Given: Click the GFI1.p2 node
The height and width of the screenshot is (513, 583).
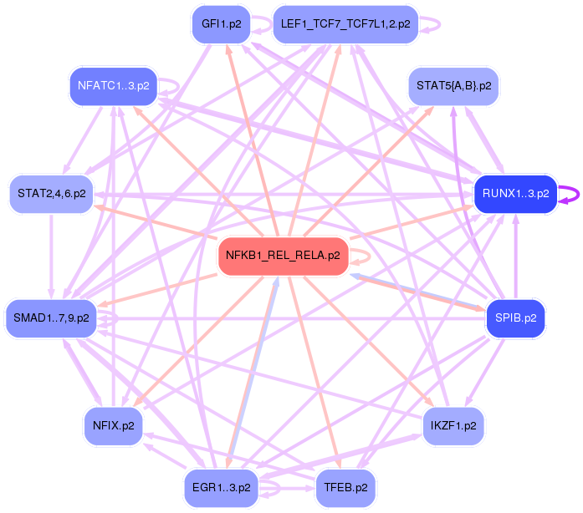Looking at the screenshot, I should pyautogui.click(x=216, y=24).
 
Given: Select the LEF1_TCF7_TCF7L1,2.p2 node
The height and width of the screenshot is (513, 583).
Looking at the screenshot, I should pyautogui.click(x=345, y=24).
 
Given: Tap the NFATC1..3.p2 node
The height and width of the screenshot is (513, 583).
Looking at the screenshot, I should pyautogui.click(x=113, y=85).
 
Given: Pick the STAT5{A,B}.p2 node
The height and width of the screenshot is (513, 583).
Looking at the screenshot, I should pyautogui.click(x=454, y=86).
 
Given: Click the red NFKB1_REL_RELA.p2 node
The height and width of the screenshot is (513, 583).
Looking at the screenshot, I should pyautogui.click(x=283, y=256).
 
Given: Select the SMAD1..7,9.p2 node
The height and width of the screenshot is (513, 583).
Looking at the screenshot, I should pyautogui.click(x=51, y=317).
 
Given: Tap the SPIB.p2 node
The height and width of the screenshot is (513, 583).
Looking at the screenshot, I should pyautogui.click(x=515, y=317).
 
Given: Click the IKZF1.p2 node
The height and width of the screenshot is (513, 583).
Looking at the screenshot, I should pyautogui.click(x=453, y=425).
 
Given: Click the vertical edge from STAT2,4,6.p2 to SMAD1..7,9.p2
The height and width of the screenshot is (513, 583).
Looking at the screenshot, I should pyautogui.click(x=52, y=255).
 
